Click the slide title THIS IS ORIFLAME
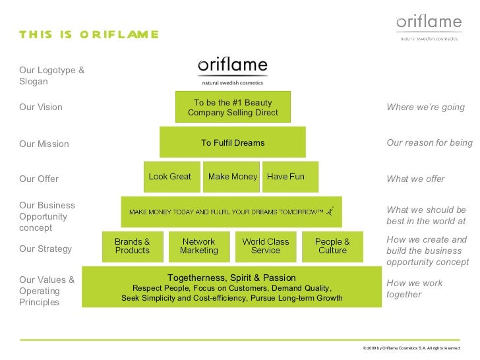[89, 34]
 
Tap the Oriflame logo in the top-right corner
[429, 26]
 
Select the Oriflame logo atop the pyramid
[232, 71]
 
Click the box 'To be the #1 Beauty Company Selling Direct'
[233, 107]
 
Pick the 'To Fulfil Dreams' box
[233, 142]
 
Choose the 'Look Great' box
[171, 177]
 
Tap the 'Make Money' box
[232, 177]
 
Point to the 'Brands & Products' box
[133, 246]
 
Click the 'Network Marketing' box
[199, 246]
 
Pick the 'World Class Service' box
[266, 246]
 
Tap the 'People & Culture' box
[332, 246]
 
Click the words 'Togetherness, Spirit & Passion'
[231, 278]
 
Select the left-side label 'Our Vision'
[41, 107]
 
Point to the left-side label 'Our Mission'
[44, 144]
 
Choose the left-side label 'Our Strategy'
[45, 249]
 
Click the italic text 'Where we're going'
[425, 107]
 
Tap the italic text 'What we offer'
[415, 179]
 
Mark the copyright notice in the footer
[411, 347]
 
